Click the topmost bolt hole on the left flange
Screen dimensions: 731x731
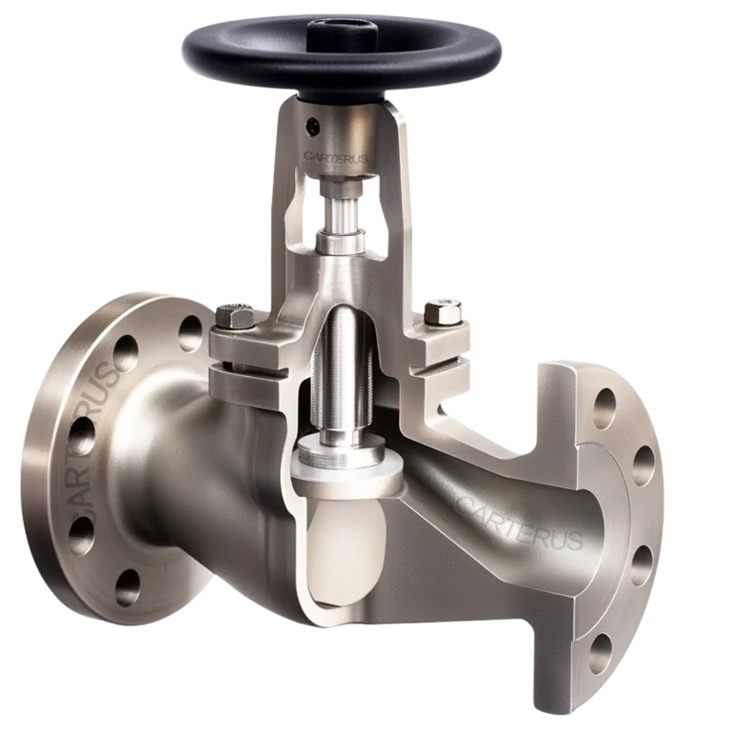(x=191, y=329)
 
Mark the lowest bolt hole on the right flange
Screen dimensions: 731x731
(x=602, y=652)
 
